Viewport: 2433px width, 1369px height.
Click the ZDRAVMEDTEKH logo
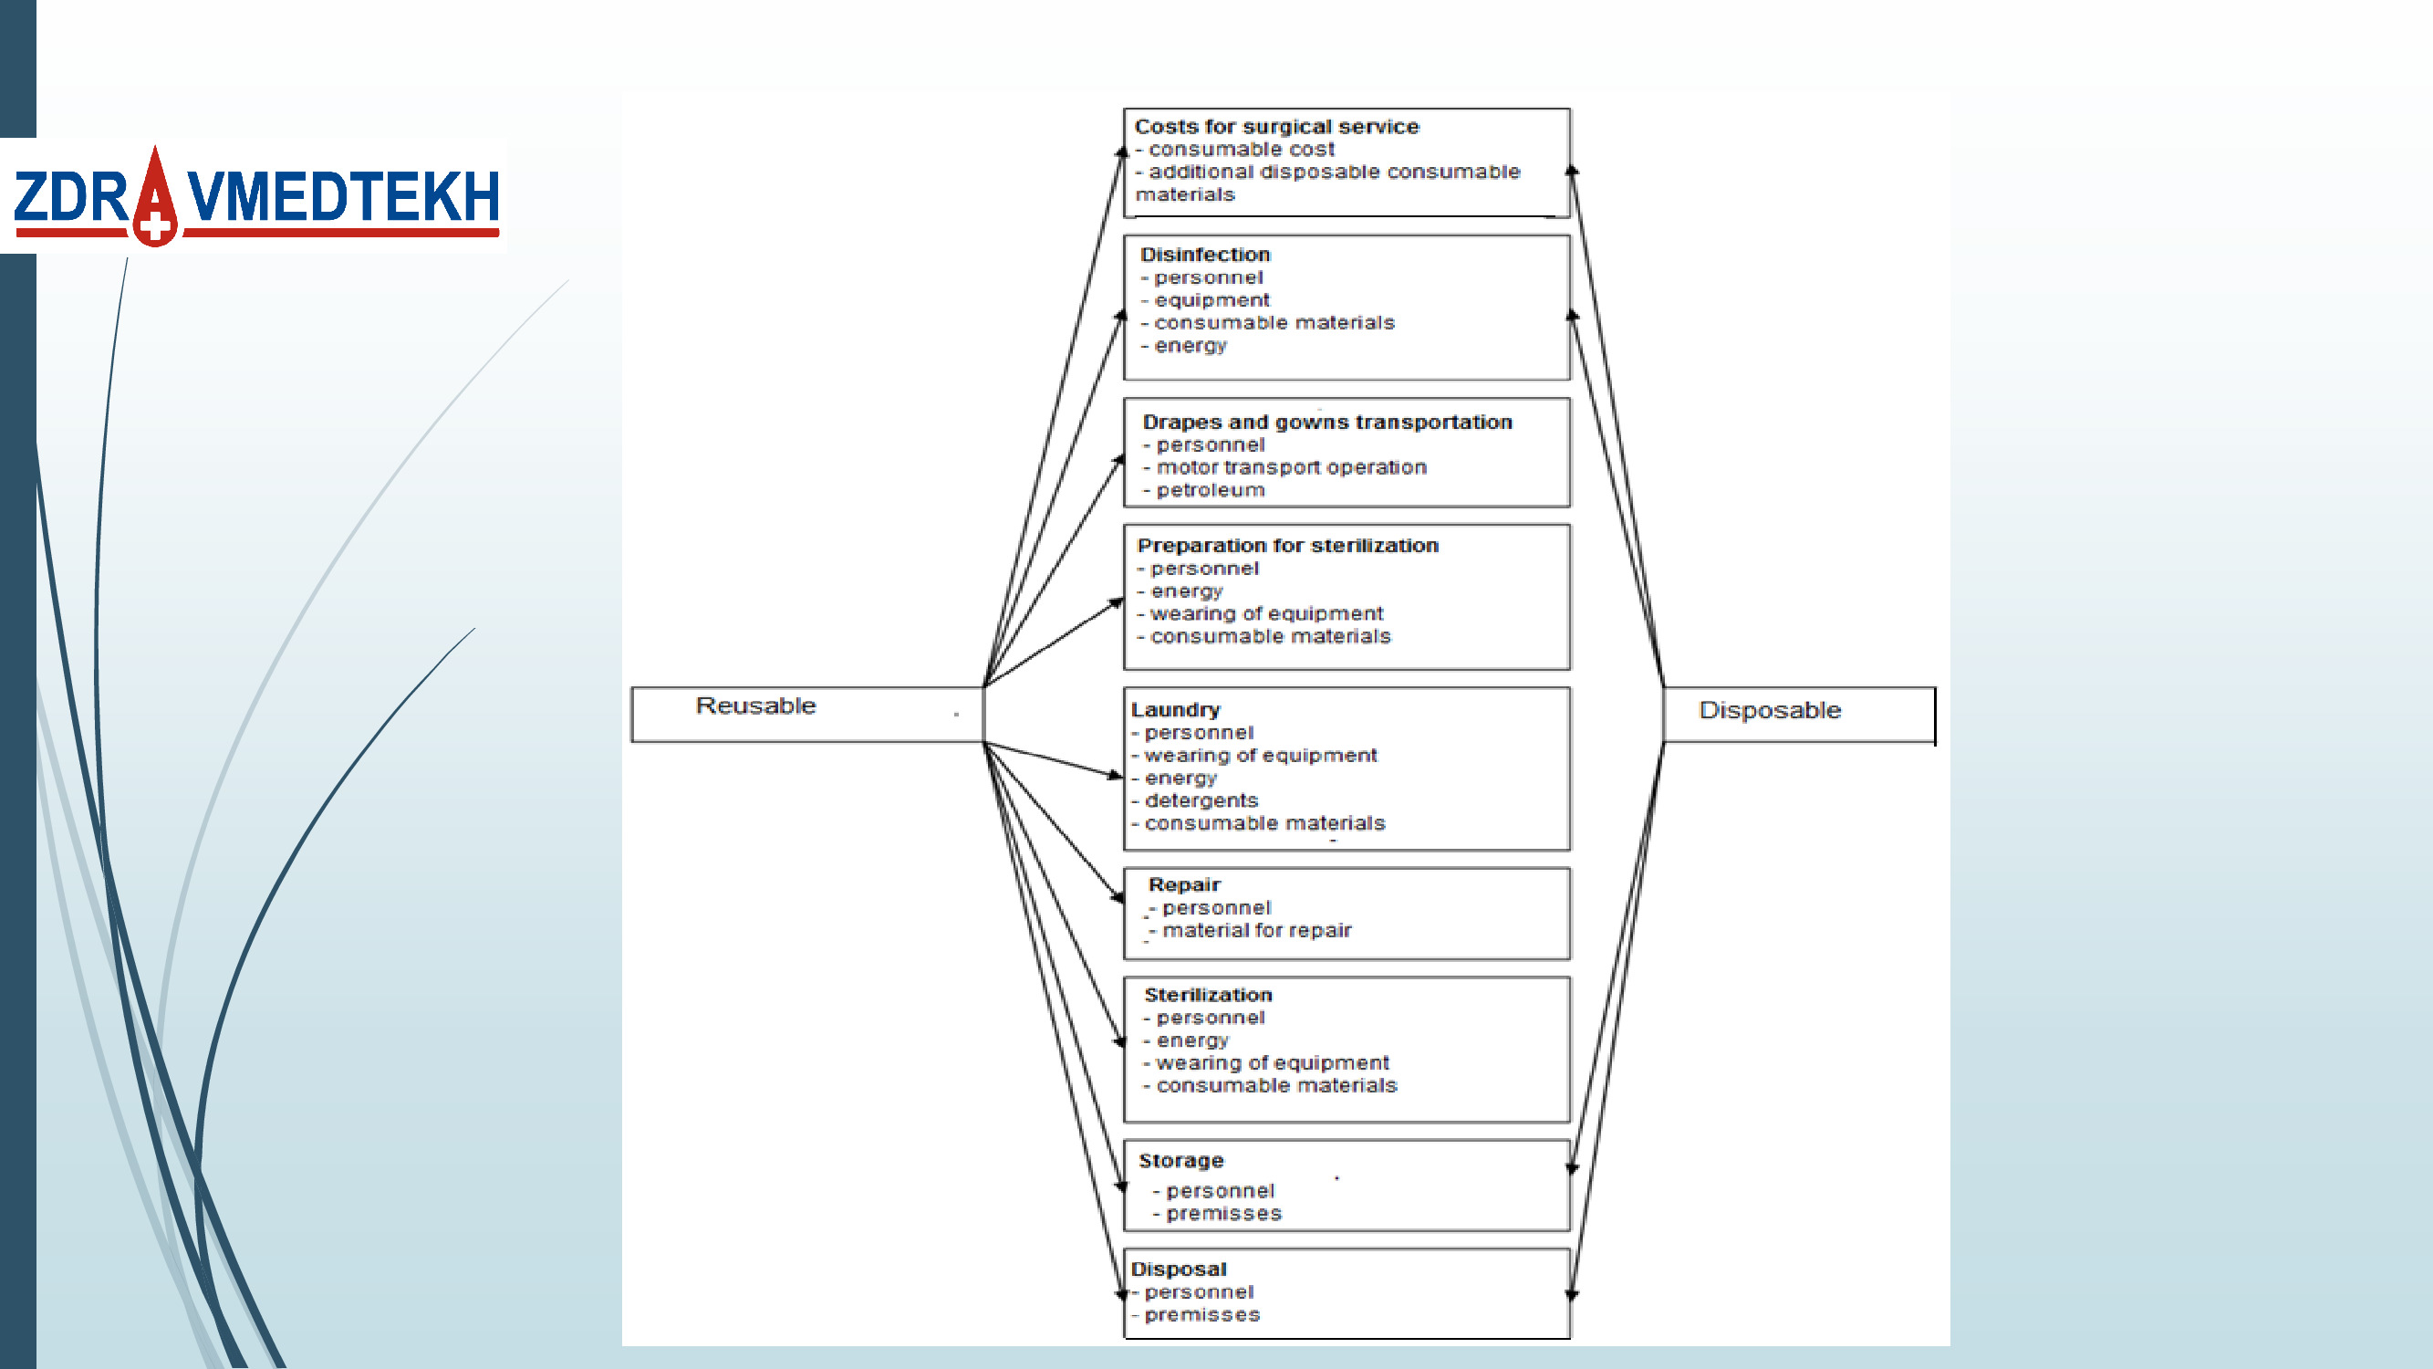pos(255,196)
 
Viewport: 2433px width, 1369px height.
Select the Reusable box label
pos(755,705)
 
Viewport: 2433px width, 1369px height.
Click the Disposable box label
pos(1769,710)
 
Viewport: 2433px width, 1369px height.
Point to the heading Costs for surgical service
pos(1276,127)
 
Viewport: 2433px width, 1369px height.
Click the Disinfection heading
pos(1205,254)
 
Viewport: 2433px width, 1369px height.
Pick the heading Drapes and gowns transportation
pos(1327,423)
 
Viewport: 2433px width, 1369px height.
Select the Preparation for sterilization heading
pos(1287,546)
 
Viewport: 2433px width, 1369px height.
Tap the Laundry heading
pos(1176,709)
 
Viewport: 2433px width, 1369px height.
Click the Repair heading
pos(1184,885)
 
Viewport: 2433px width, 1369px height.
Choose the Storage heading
pos(1180,1160)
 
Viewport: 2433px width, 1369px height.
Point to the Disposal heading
pos(1179,1269)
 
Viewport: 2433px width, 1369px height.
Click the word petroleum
pos(1210,490)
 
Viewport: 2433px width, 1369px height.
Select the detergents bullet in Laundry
pos(1201,801)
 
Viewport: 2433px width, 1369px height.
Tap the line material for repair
pos(1256,931)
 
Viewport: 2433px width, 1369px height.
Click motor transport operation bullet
pos(1291,467)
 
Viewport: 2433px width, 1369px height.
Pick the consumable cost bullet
pos(1241,150)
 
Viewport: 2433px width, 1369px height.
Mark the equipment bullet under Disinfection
pos(1211,300)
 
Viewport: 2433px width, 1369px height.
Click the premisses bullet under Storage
pos(1223,1214)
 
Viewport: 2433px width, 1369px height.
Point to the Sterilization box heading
pos(1208,995)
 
